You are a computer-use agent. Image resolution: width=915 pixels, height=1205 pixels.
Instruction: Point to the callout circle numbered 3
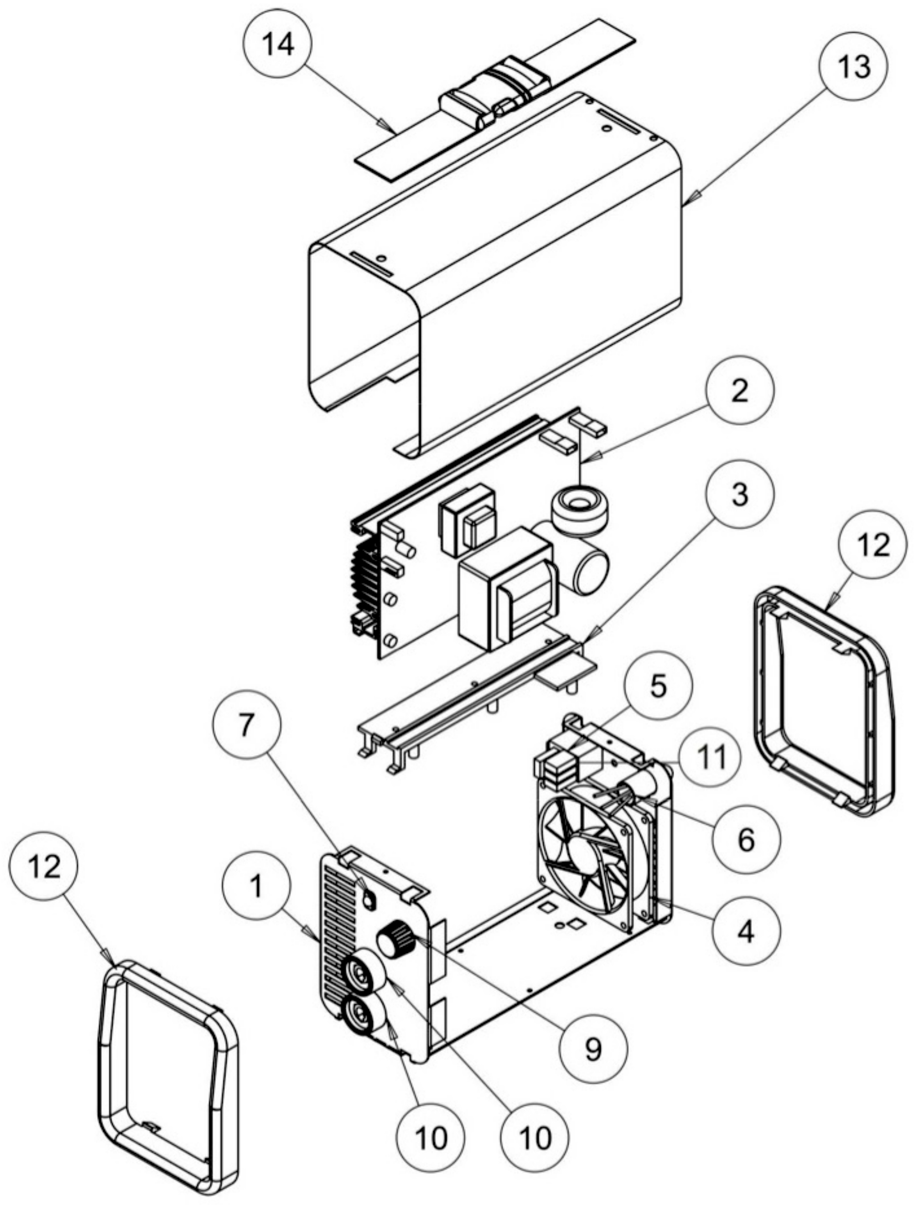point(739,496)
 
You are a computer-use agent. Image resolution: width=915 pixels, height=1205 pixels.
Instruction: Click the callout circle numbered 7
point(248,728)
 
